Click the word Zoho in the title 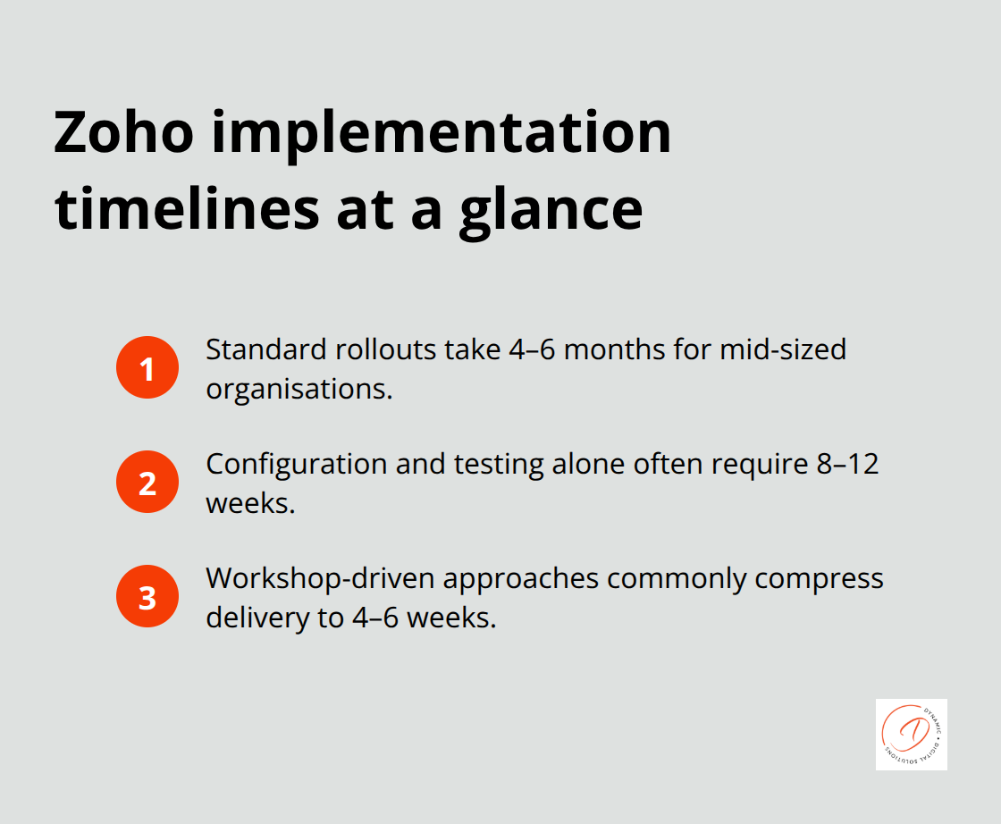tap(122, 132)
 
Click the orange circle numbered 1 tap(147, 367)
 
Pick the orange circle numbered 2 tap(147, 482)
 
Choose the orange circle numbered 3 tap(147, 596)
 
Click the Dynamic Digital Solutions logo tap(911, 734)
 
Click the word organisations tap(299, 389)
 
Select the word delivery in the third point tap(251, 618)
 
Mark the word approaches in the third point tap(521, 578)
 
